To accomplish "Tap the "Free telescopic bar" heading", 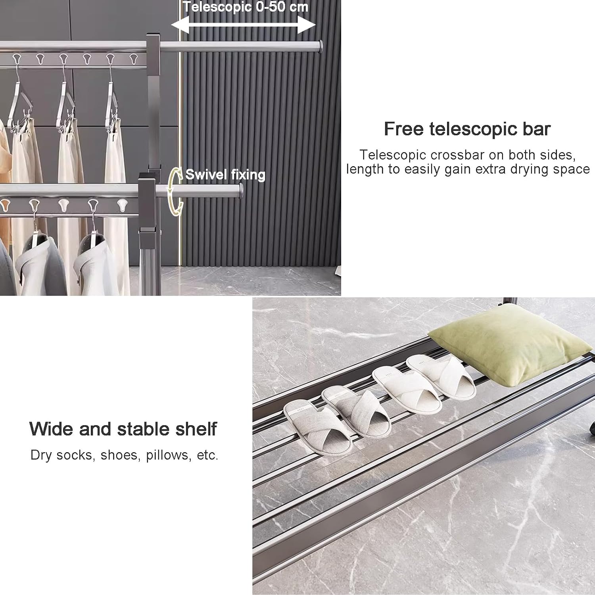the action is point(467,129).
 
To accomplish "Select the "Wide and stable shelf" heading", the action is point(123,429).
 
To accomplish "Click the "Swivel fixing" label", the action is point(225,175).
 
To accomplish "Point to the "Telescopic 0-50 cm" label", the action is point(245,7).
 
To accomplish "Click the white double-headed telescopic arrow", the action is point(243,25).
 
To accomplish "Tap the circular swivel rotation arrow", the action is point(175,192).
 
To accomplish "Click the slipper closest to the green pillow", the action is point(440,377).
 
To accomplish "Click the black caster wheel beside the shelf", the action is point(592,430).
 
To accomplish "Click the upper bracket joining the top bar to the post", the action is point(153,46).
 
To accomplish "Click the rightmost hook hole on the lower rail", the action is point(122,205).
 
